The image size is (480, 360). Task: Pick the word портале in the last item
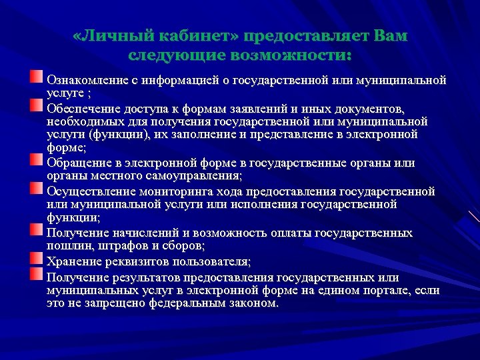coord(388,290)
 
